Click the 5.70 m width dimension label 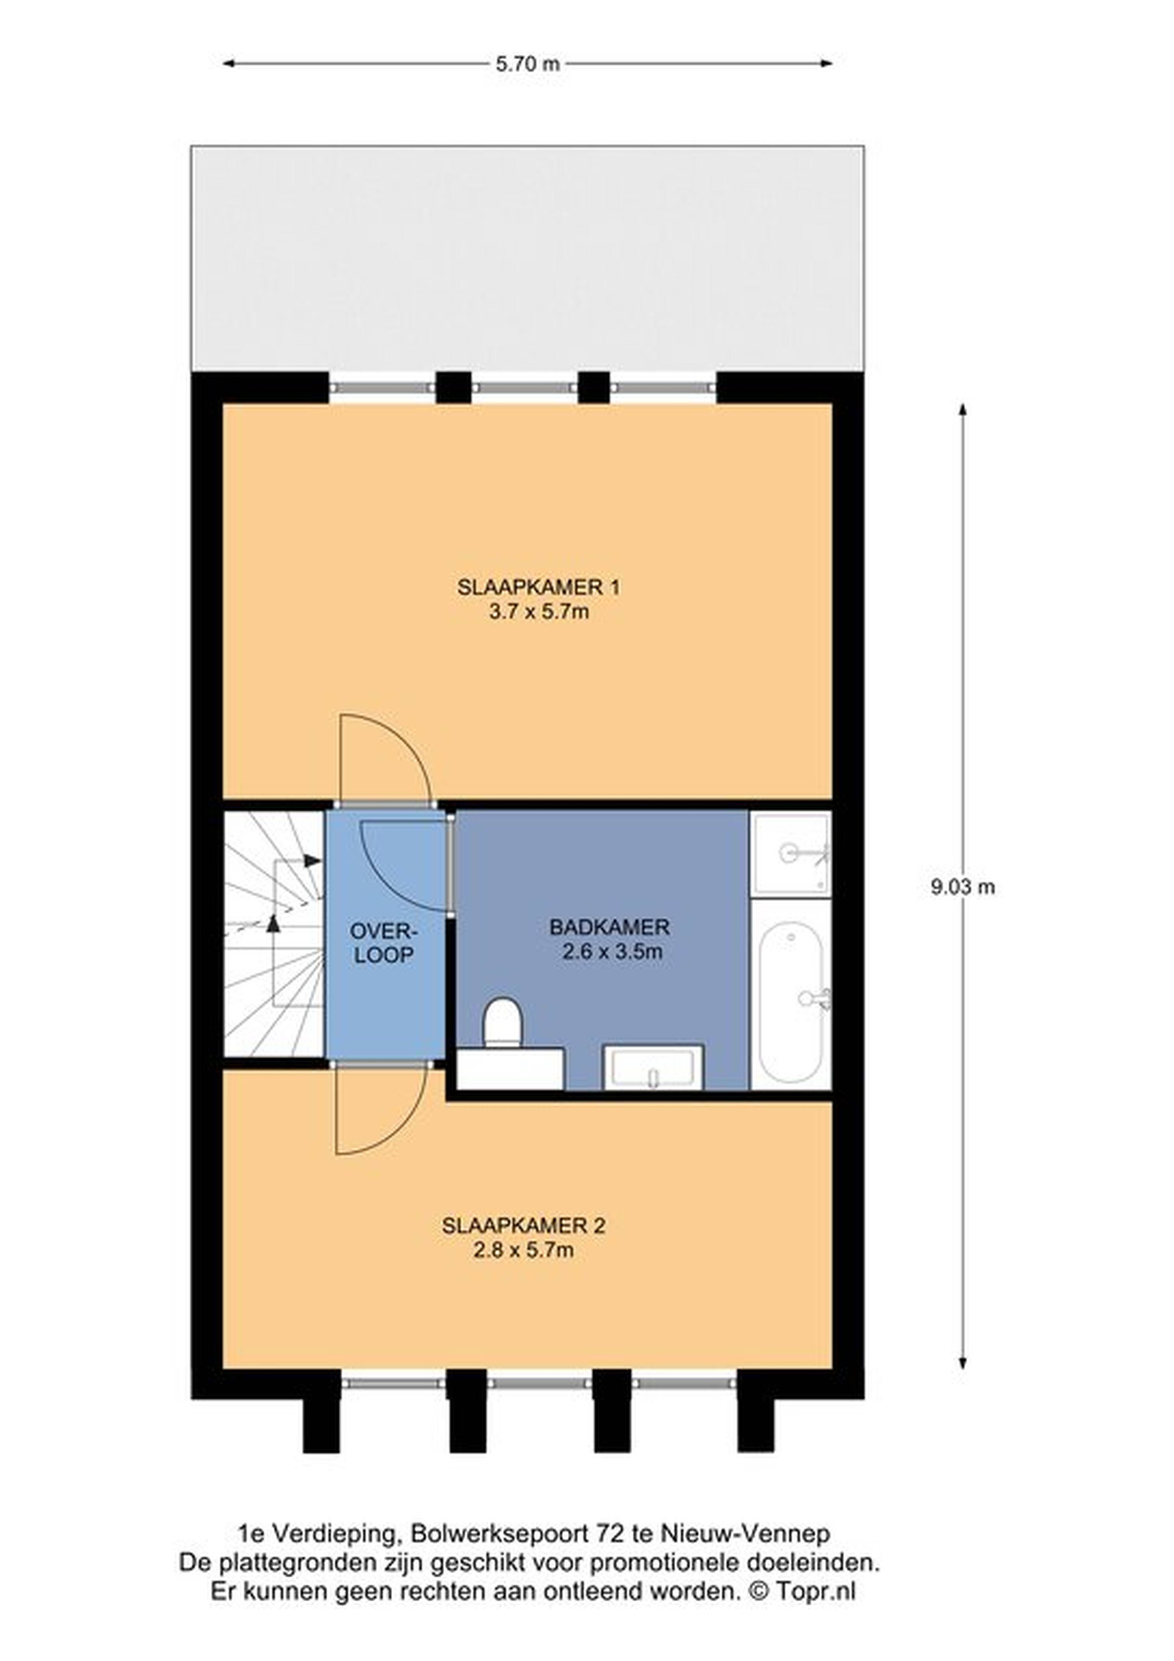pos(527,64)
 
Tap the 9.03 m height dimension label pos(963,887)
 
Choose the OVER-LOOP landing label pos(384,942)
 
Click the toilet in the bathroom pos(502,1022)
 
